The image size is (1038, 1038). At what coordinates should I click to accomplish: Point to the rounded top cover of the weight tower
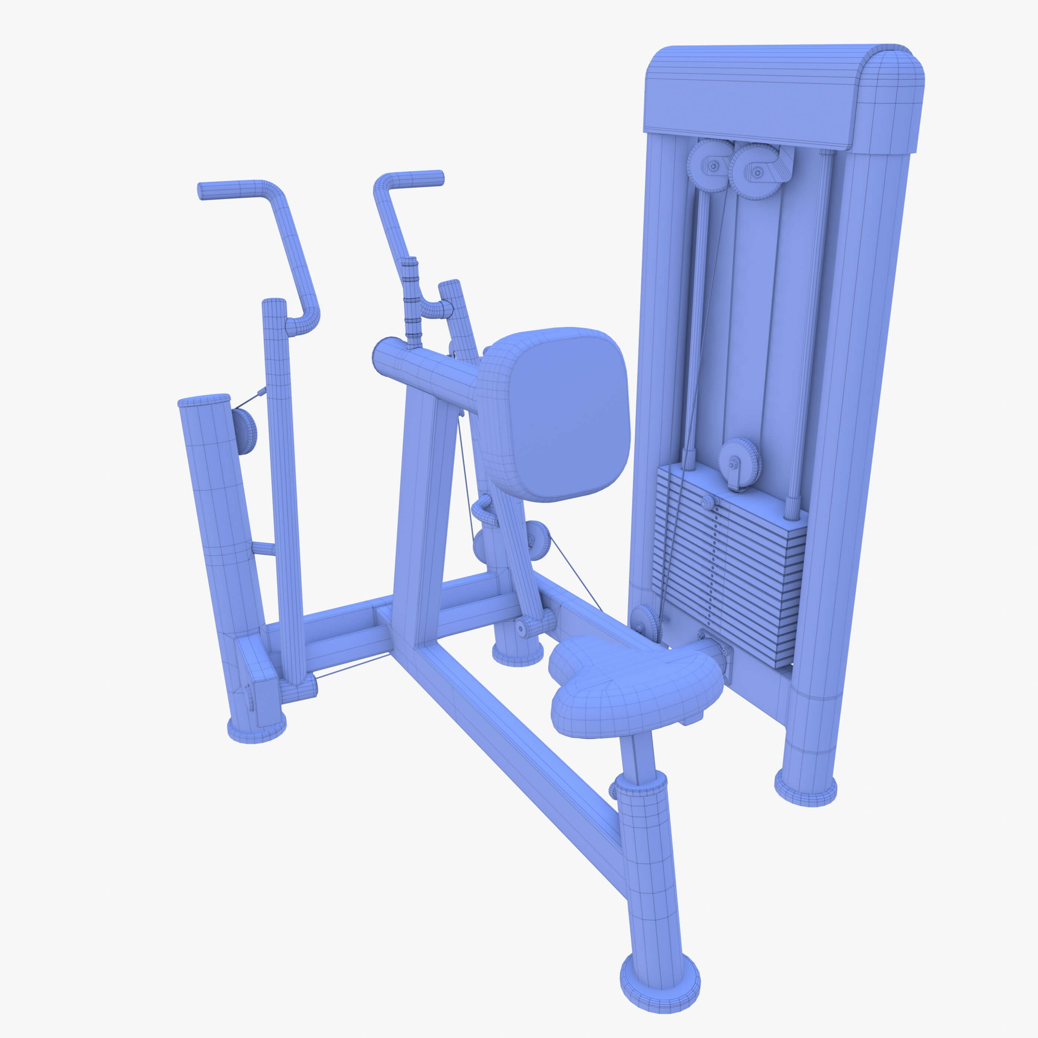(x=784, y=97)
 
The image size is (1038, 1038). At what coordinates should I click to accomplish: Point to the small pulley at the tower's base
(x=646, y=623)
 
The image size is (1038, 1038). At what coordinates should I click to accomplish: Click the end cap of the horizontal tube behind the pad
(x=383, y=355)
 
